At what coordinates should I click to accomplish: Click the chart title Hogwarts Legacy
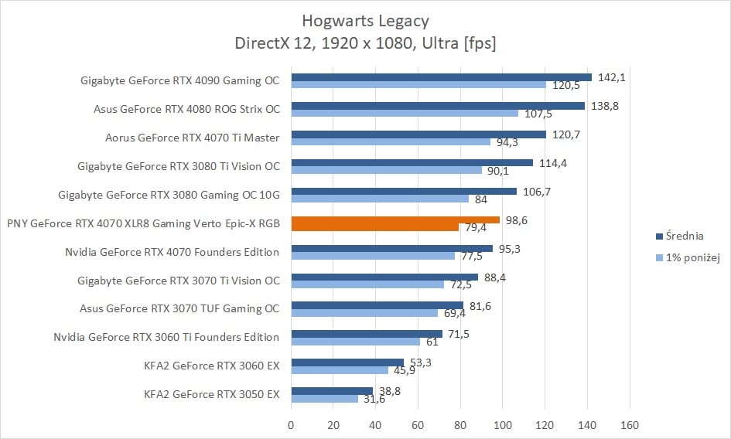point(365,20)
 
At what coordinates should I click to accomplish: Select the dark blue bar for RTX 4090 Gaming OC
point(441,77)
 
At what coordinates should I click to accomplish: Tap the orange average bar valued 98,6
point(395,220)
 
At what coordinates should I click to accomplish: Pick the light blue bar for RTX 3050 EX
point(324,399)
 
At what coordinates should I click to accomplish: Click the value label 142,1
point(610,77)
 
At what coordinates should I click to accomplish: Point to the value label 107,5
point(538,113)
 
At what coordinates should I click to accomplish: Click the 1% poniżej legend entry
point(692,257)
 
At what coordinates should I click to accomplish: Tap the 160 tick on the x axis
point(630,424)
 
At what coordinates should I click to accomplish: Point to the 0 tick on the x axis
point(291,424)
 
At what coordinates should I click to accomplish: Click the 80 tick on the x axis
point(460,424)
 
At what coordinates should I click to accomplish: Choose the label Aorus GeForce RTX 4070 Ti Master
point(192,138)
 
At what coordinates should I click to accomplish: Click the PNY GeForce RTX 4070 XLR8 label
point(142,223)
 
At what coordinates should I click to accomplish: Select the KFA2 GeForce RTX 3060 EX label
point(211,366)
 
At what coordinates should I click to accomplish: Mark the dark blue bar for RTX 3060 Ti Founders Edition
point(367,334)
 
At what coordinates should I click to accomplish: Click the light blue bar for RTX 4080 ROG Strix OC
point(405,113)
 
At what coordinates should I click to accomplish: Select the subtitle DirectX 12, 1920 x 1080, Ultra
point(365,43)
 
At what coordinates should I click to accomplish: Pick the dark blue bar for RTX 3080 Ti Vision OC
point(412,162)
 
